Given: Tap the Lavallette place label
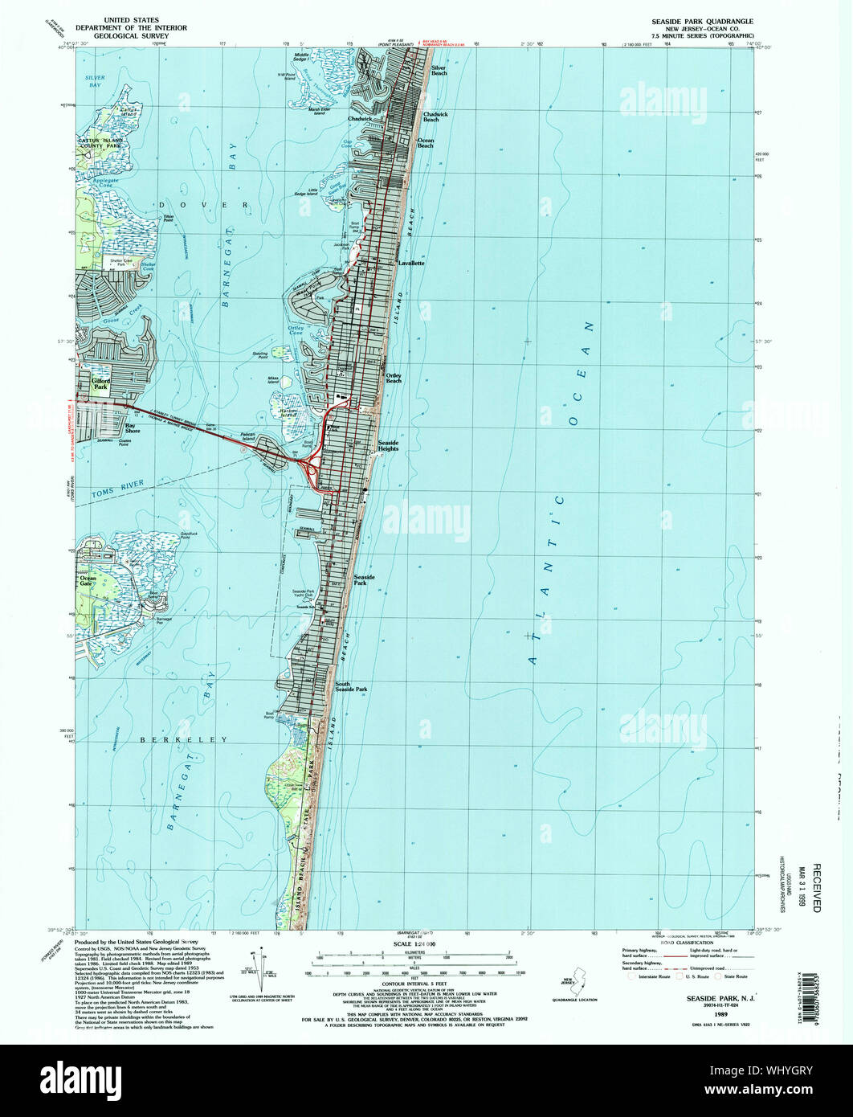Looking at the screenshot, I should [x=408, y=263].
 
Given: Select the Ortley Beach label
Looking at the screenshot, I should [x=394, y=378].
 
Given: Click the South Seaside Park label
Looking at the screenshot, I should [x=351, y=688].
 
